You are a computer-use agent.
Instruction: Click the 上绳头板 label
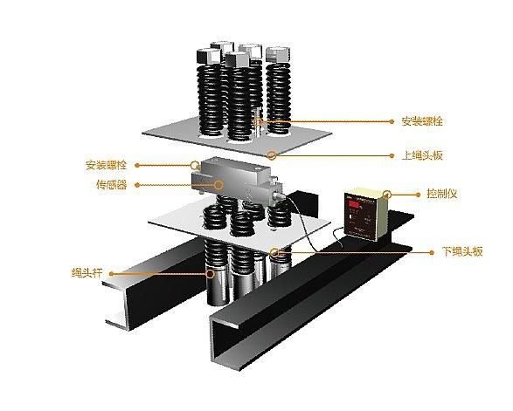pyautogui.click(x=422, y=155)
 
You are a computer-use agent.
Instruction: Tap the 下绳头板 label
pyautogui.click(x=462, y=251)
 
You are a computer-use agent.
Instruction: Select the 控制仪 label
pyautogui.click(x=441, y=194)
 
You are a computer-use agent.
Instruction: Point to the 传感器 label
pyautogui.click(x=112, y=185)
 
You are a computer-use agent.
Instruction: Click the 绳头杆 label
pyautogui.click(x=87, y=272)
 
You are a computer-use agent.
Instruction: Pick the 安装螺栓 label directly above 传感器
pyautogui.click(x=107, y=165)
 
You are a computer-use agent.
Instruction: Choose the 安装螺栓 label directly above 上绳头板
pyautogui.click(x=422, y=121)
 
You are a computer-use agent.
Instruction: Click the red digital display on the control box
pyautogui.click(x=354, y=204)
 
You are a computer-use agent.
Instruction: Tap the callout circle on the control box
pyautogui.click(x=387, y=195)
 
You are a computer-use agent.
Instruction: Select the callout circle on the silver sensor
pyautogui.click(x=218, y=185)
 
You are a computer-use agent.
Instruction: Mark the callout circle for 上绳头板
pyautogui.click(x=271, y=154)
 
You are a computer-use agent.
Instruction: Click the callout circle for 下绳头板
pyautogui.click(x=274, y=252)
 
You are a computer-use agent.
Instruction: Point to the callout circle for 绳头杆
pyautogui.click(x=210, y=273)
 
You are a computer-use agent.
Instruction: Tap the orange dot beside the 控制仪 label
pyautogui.click(x=418, y=195)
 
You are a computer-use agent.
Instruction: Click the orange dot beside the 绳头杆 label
pyautogui.click(x=112, y=274)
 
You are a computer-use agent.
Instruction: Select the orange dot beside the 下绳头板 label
pyautogui.click(x=432, y=252)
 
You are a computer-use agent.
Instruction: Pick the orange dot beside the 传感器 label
pyautogui.click(x=137, y=185)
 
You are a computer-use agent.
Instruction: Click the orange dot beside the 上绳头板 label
pyautogui.click(x=392, y=156)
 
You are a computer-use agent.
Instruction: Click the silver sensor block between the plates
pyautogui.click(x=236, y=181)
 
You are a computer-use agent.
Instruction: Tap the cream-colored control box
pyautogui.click(x=366, y=214)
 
